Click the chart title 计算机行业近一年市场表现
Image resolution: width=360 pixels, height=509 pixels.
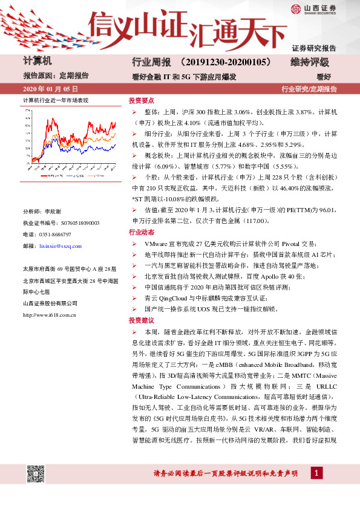tap(56, 100)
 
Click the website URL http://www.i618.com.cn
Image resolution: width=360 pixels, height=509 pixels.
tap(49, 314)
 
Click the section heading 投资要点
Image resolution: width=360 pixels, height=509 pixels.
tap(140, 101)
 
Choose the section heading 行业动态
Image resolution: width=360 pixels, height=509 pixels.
tap(140, 232)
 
